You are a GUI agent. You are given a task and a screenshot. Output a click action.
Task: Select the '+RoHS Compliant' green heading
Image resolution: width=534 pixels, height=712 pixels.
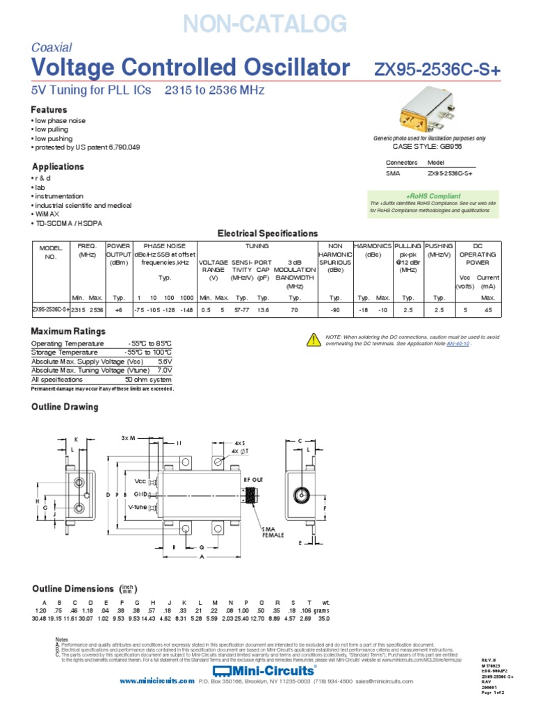[x=433, y=196]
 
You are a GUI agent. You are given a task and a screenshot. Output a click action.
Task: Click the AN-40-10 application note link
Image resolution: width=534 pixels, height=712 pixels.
[x=458, y=343]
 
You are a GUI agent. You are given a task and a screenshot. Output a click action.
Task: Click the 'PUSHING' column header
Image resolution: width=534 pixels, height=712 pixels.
[x=439, y=246]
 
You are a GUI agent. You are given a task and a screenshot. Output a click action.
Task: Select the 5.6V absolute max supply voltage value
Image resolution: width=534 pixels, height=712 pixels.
[x=165, y=362]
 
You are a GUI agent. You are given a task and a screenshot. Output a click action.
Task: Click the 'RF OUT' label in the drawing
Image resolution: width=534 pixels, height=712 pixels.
[x=254, y=479]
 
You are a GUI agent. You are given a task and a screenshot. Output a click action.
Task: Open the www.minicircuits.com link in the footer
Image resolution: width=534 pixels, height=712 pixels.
[x=156, y=682]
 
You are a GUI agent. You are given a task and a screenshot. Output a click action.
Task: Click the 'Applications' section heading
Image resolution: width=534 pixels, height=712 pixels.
[x=58, y=167]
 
